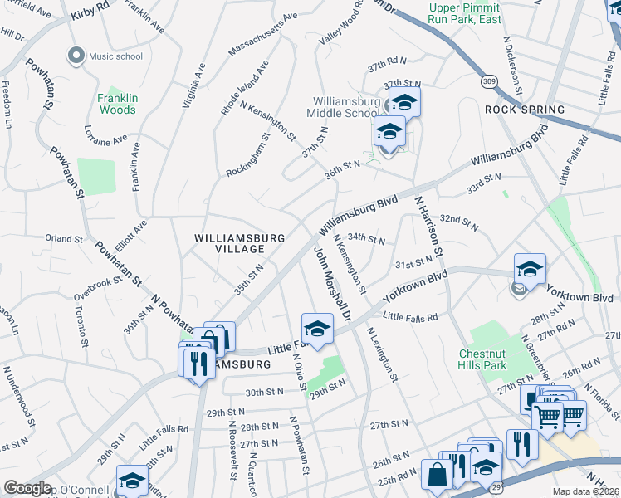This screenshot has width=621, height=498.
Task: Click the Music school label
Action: (115, 56)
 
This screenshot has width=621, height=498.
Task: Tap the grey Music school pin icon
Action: (76, 56)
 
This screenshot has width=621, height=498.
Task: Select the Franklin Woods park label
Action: (117, 104)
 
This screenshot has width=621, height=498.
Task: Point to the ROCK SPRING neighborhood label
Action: (525, 110)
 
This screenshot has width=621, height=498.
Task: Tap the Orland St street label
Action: (64, 238)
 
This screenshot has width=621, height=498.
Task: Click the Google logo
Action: (27, 488)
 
